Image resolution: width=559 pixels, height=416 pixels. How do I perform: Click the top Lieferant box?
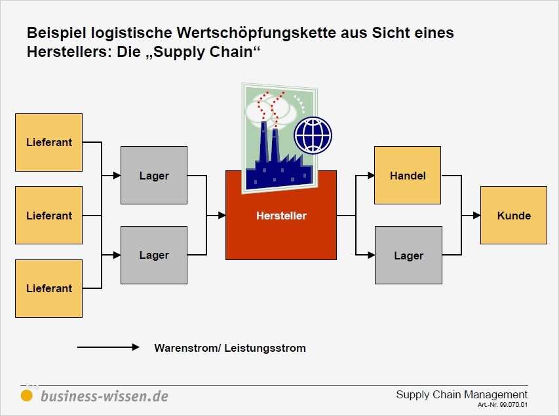[49, 142]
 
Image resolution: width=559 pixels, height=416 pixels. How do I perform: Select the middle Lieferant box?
[49, 215]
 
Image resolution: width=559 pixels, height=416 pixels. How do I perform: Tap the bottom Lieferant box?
[49, 288]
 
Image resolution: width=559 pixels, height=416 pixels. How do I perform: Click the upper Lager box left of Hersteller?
[154, 176]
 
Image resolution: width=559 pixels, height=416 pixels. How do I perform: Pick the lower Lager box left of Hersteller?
[154, 255]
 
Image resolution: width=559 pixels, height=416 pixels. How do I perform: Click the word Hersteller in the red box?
[281, 216]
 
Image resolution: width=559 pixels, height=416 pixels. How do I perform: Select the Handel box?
[408, 176]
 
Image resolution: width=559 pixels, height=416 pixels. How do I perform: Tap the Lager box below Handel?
[408, 255]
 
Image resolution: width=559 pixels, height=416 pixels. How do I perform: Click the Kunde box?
[514, 215]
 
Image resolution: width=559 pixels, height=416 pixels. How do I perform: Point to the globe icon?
[313, 136]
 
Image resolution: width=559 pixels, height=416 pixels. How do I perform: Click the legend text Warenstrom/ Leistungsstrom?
[230, 348]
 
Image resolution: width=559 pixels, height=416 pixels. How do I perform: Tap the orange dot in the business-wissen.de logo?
[26, 396]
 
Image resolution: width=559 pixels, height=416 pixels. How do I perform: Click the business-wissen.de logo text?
[104, 396]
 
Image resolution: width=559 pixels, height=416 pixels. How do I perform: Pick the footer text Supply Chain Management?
[461, 394]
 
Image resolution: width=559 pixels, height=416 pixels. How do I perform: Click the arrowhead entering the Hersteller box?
[222, 216]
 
